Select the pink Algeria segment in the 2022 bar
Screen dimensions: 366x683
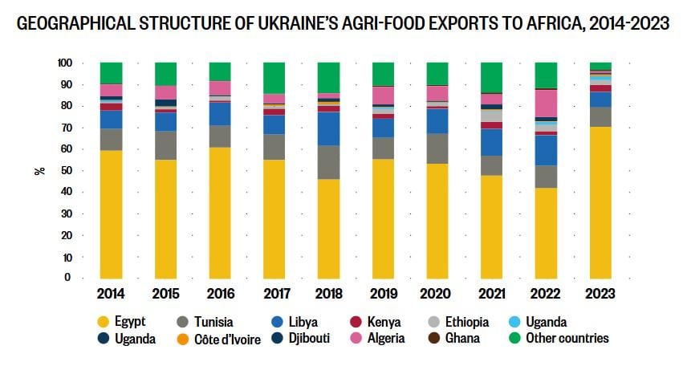click(547, 103)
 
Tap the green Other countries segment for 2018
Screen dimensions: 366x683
click(328, 77)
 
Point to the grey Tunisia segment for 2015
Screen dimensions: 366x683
click(165, 145)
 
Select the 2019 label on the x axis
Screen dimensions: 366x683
click(382, 295)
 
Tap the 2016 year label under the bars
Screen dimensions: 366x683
click(219, 295)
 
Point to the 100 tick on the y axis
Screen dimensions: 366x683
click(65, 63)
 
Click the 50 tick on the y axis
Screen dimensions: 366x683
click(67, 170)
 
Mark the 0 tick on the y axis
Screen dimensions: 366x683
click(70, 278)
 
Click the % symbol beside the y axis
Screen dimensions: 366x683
click(39, 170)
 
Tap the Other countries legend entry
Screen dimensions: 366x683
click(567, 339)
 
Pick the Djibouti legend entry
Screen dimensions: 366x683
click(305, 339)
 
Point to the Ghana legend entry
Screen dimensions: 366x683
click(462, 339)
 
